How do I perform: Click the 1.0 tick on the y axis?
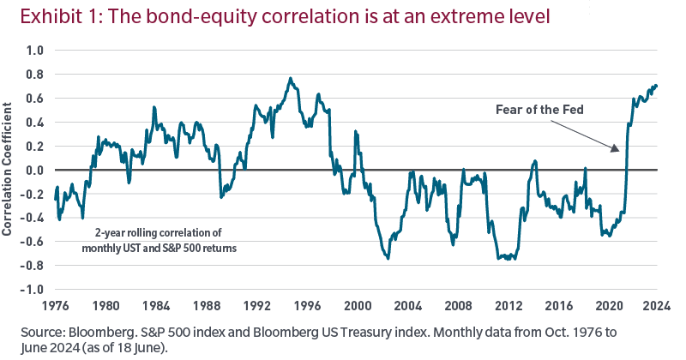coord(33,51)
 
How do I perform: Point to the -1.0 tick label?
coord(31,290)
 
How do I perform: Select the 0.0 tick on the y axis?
coord(33,170)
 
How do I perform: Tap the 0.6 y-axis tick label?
coord(33,99)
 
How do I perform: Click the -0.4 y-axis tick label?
coord(31,218)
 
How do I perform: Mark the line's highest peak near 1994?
coord(291,78)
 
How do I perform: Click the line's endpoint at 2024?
coord(657,86)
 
